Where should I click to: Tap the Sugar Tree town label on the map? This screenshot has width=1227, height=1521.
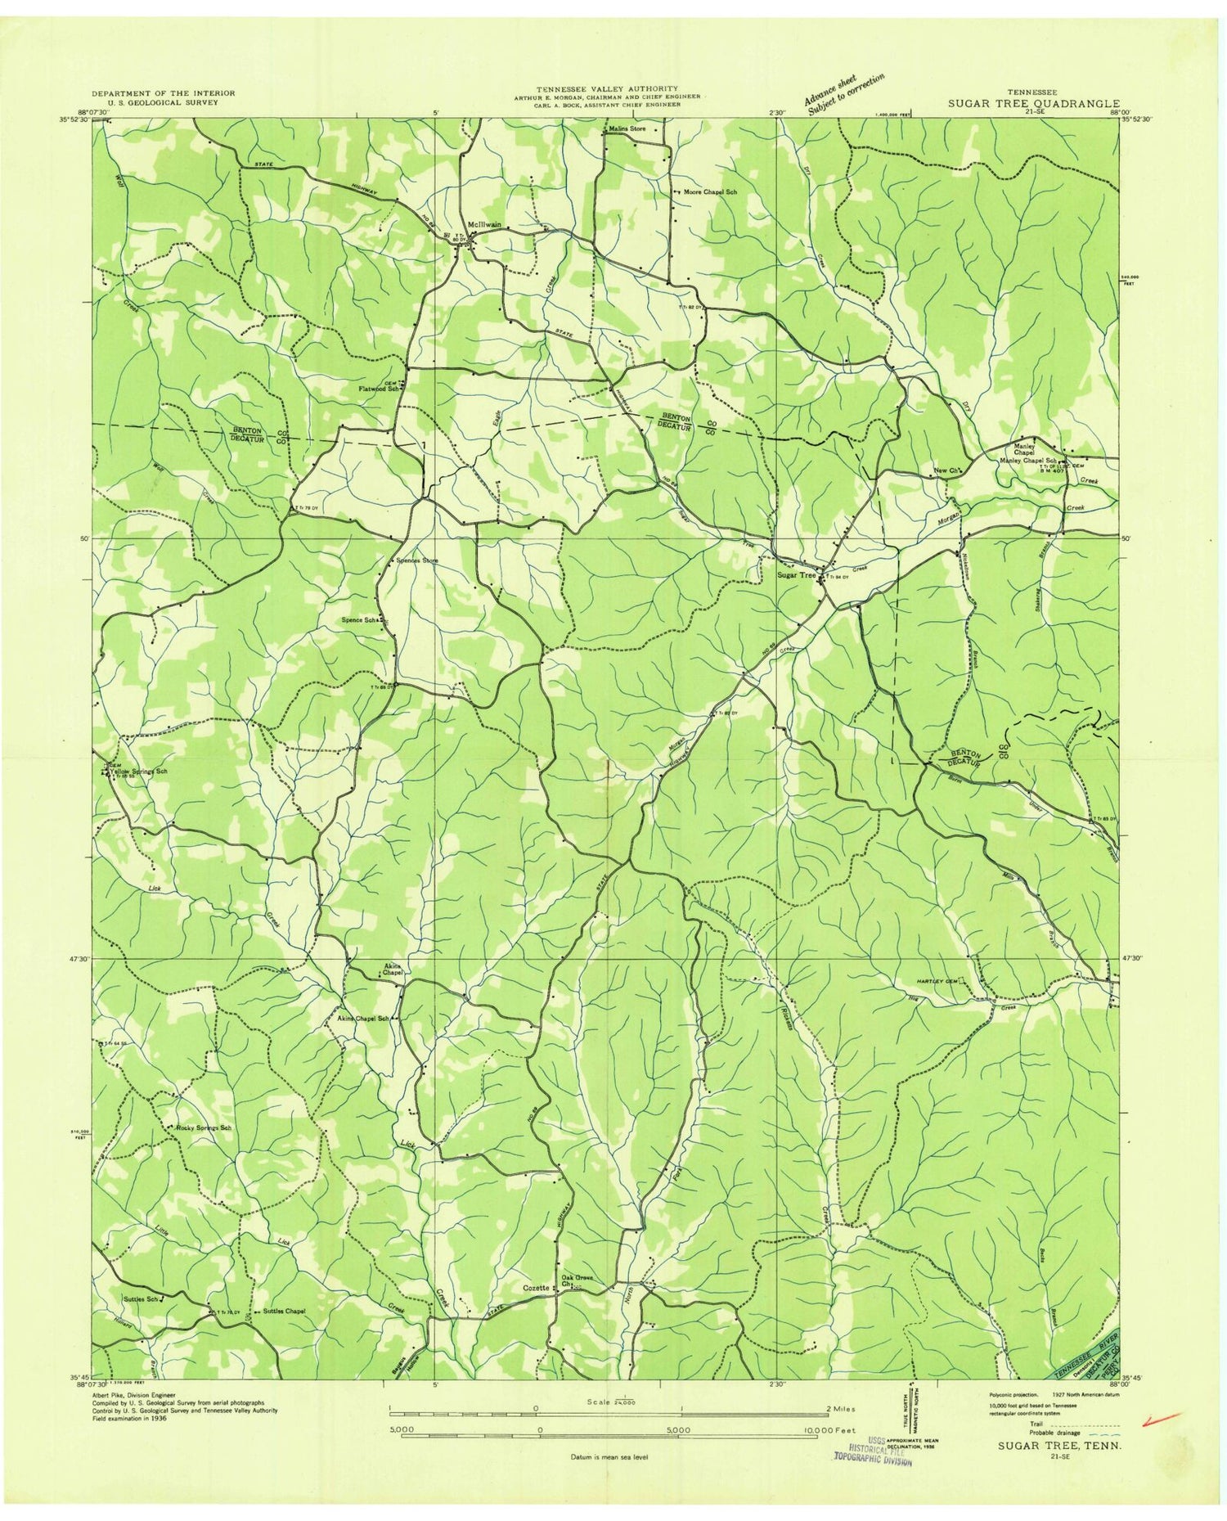click(796, 575)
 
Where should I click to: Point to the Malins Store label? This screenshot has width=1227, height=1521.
click(627, 129)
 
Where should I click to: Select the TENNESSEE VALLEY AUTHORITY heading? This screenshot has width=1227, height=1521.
click(607, 88)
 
